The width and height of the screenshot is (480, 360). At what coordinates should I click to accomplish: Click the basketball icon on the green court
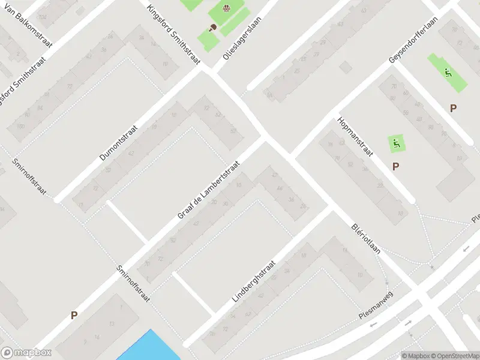[x=227, y=8]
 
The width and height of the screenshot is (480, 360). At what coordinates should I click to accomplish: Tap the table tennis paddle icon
[x=212, y=27]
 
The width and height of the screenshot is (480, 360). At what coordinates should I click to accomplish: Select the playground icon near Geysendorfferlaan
[x=448, y=73]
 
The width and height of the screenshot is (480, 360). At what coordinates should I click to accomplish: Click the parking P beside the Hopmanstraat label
[x=395, y=166]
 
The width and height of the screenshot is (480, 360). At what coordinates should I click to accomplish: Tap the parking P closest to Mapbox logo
[x=74, y=315]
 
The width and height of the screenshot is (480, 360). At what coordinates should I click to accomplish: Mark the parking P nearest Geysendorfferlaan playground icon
[x=454, y=108]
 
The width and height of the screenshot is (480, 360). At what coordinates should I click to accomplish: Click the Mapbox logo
[x=26, y=353]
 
